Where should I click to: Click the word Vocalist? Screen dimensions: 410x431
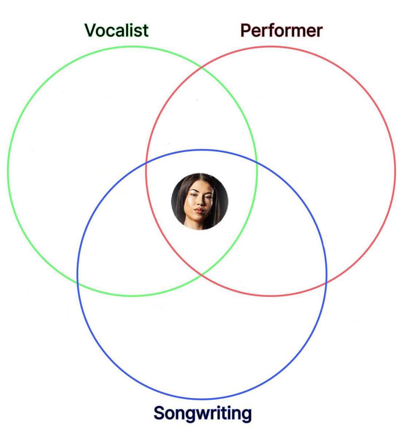click(116, 30)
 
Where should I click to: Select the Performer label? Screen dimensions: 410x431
click(281, 31)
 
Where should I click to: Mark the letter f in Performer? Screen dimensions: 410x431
click(270, 30)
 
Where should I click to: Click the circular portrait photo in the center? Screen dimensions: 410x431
click(200, 202)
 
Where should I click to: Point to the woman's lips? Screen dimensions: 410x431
click(199, 211)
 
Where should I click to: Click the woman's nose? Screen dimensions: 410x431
click(201, 202)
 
